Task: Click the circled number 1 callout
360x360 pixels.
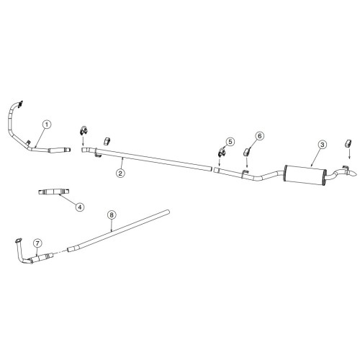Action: tap(47, 125)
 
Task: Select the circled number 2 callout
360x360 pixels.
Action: tap(120, 173)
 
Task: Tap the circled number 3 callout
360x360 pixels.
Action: tap(323, 145)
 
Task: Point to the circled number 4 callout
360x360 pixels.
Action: tap(80, 207)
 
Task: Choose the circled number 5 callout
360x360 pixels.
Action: tap(230, 142)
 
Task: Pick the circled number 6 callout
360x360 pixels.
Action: tap(259, 136)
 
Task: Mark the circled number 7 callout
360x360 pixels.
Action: tap(37, 243)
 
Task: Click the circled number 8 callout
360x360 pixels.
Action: tap(112, 215)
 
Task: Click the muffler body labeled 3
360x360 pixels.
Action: tap(305, 175)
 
